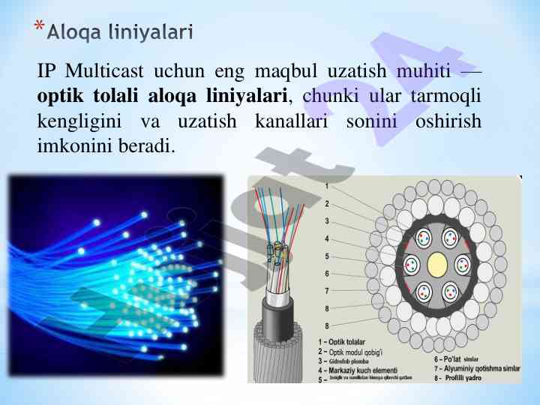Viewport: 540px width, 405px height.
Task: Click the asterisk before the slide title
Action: tap(39, 28)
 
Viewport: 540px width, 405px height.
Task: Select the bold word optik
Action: tap(61, 96)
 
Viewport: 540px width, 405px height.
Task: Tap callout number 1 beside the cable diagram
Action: tap(327, 185)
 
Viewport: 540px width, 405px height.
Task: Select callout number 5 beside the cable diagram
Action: tap(327, 256)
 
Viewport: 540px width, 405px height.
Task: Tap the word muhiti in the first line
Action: tap(421, 72)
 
